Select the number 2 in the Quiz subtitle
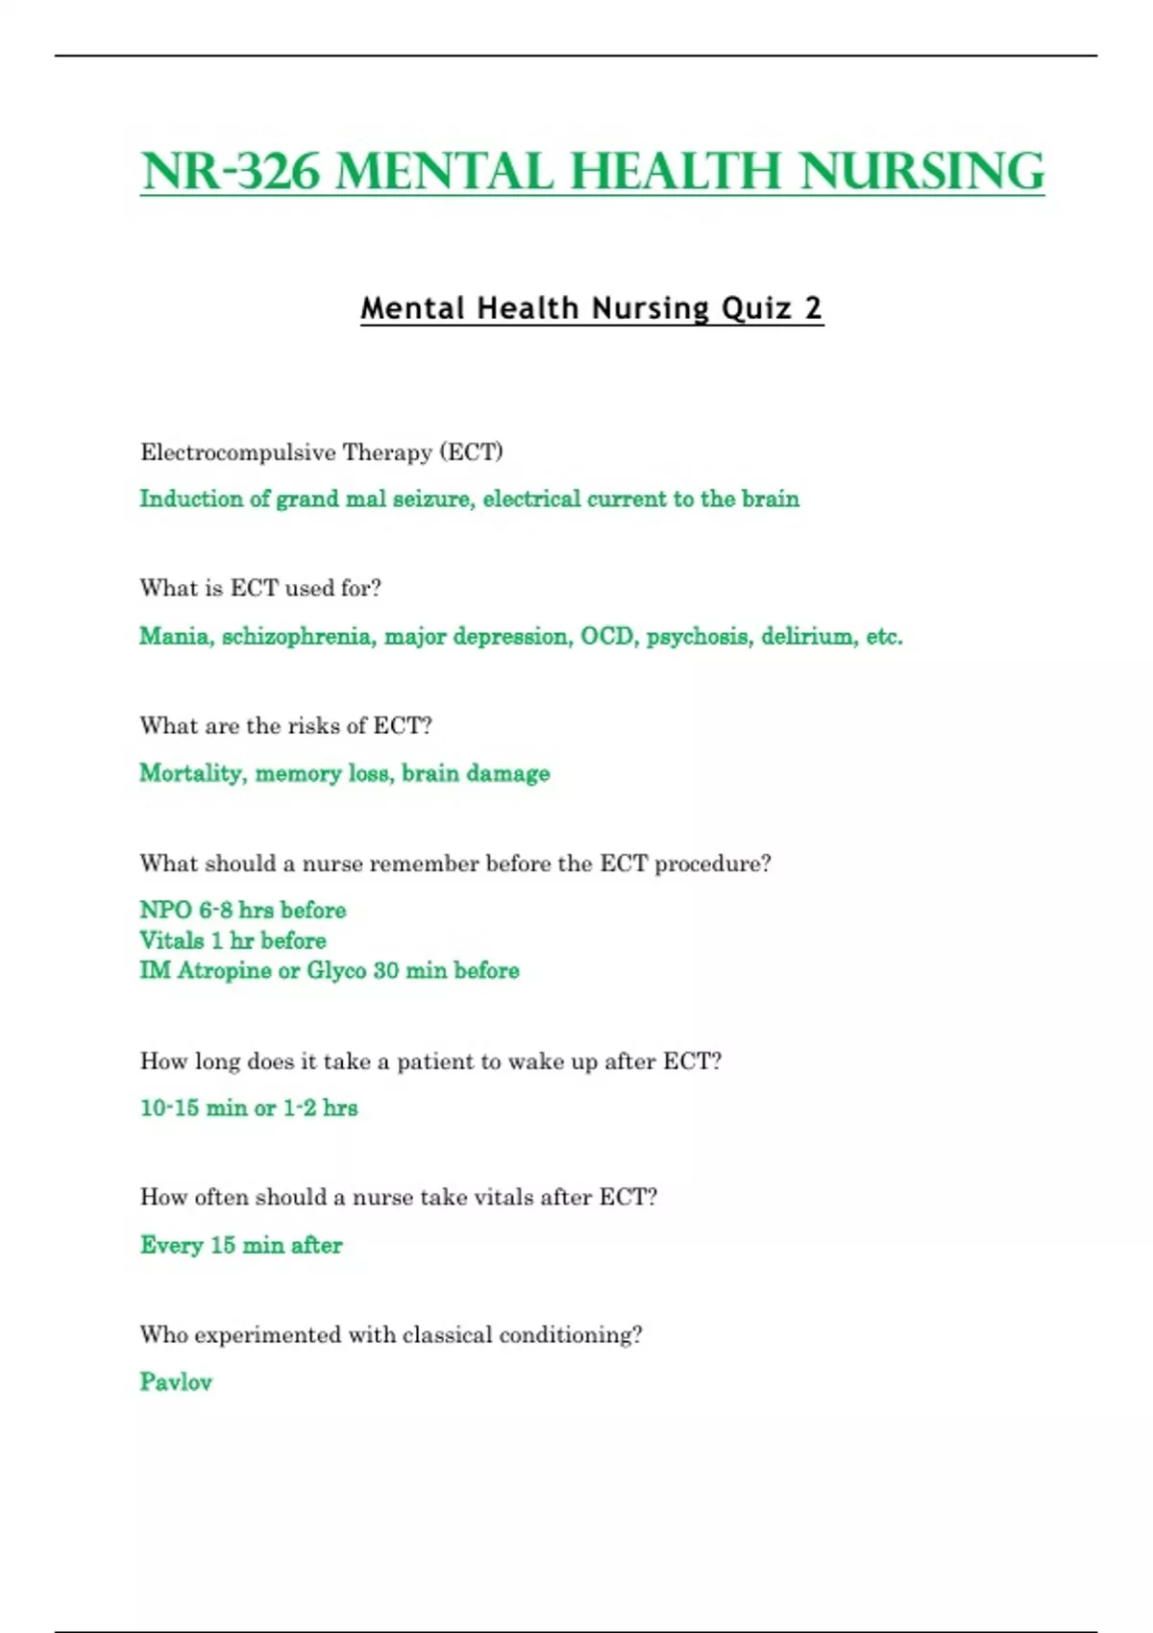coord(813,308)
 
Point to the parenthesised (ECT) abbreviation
coord(471,452)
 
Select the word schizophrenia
coord(299,636)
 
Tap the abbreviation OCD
coord(607,636)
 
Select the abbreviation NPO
coord(165,910)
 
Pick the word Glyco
coord(336,970)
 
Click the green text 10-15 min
coord(193,1108)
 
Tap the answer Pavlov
coord(176,1382)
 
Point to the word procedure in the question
coord(712,864)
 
